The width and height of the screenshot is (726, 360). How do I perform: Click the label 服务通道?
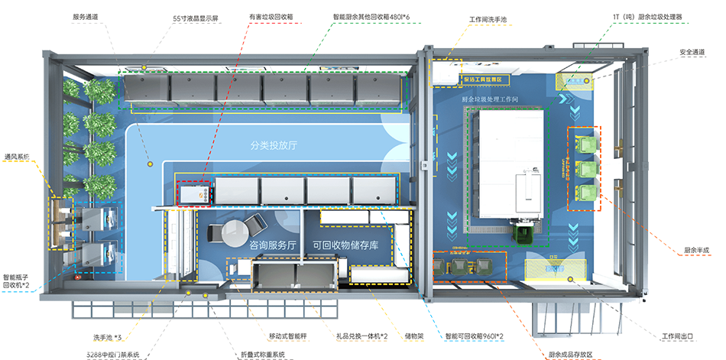tap(86, 15)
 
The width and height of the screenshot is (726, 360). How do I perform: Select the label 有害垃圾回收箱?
tap(270, 15)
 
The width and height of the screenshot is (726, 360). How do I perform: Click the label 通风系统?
tap(18, 157)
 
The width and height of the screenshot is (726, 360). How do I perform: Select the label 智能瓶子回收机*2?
tap(17, 281)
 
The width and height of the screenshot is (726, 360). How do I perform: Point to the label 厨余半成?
tap(697, 250)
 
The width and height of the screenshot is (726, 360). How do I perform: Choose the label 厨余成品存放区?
tap(571, 354)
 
